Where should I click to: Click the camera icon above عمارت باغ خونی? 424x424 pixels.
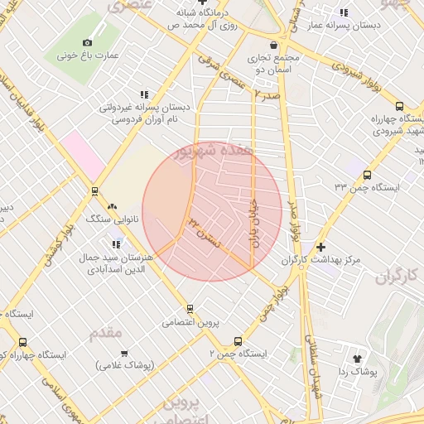click(88, 42)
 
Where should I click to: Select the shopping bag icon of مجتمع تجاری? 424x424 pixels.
click(274, 46)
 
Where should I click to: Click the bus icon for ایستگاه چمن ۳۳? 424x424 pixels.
click(368, 174)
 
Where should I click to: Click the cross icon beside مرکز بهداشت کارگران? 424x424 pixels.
click(321, 247)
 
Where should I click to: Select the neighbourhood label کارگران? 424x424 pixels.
click(398, 277)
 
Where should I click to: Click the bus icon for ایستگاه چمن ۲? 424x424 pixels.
click(238, 340)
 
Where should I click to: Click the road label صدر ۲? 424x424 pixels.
click(263, 97)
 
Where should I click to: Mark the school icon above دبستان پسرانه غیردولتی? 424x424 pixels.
click(144, 94)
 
